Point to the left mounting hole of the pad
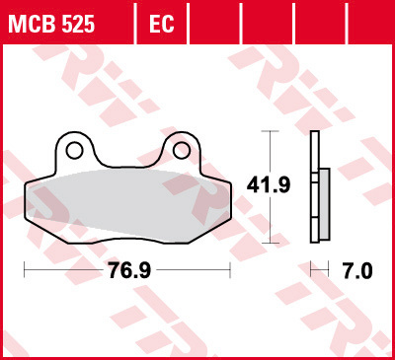[74, 150]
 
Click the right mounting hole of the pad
[181, 150]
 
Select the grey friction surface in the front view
[126, 197]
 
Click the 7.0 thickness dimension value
[355, 269]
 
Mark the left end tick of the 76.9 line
[24, 269]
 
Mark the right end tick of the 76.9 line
[230, 269]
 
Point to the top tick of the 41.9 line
[267, 131]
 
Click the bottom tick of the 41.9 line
[267, 241]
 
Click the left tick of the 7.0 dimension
[311, 269]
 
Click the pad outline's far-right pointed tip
[232, 185]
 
